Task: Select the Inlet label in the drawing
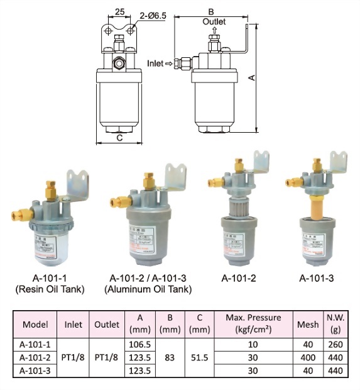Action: (155, 64)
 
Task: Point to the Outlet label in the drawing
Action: (214, 21)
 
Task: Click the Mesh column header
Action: (307, 325)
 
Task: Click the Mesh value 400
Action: (307, 357)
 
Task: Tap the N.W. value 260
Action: (335, 344)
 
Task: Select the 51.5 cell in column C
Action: (199, 357)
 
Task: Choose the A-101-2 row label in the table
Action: (35, 357)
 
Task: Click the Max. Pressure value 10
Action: (253, 344)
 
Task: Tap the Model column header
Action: (35, 325)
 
